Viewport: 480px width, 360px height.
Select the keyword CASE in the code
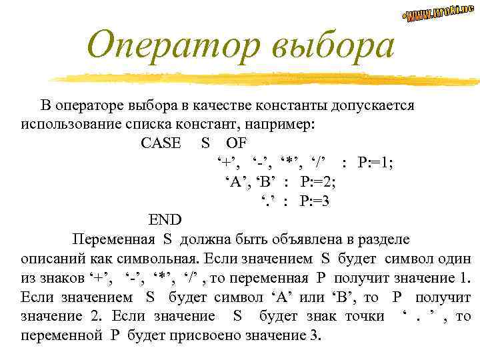(161, 143)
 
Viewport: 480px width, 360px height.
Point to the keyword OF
(235, 143)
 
